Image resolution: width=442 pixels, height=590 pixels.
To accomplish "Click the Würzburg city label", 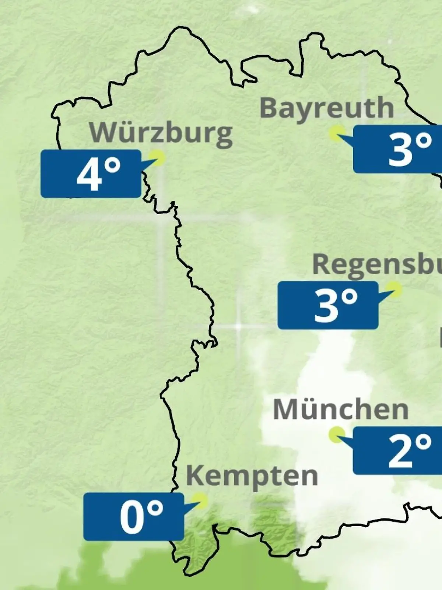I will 161,133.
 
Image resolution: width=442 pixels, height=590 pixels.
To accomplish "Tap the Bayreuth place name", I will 327,108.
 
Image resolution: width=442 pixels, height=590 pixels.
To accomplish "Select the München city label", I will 341,409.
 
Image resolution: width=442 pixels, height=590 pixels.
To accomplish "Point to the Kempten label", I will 252,476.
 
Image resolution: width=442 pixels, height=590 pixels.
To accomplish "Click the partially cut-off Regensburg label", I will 376,265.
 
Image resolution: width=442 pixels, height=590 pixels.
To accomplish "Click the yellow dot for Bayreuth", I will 337,133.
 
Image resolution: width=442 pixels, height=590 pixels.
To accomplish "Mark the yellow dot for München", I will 337,435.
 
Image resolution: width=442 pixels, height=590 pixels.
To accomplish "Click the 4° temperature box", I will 91,174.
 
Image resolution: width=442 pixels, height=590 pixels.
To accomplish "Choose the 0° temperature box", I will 134,517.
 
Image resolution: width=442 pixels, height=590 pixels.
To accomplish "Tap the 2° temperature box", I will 397,451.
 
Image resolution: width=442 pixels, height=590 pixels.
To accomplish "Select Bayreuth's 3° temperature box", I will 397,149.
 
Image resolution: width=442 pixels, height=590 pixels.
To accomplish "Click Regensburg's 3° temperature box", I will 328,305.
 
